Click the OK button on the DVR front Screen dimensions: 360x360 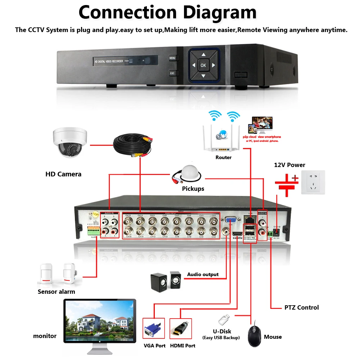[x=203, y=65]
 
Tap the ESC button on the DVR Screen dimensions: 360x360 [x=172, y=73]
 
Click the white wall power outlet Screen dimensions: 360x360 [x=313, y=182]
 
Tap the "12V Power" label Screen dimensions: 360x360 [x=289, y=165]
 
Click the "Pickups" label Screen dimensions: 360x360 [x=193, y=189]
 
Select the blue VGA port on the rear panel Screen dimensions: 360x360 [x=231, y=220]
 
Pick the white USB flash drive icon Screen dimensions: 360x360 [x=224, y=319]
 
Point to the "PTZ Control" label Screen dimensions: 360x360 [x=301, y=307]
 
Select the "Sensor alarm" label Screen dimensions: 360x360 [x=57, y=292]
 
